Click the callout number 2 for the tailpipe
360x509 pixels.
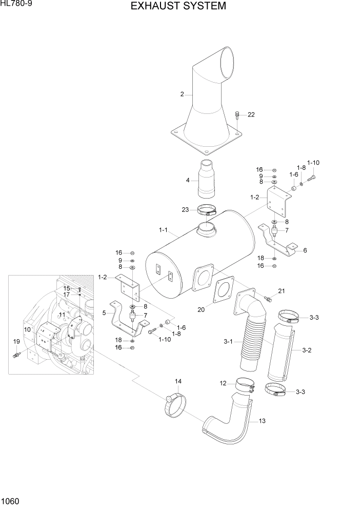[x=182, y=94]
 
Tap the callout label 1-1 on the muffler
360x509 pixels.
[x=164, y=229]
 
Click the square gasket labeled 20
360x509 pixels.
[x=224, y=292]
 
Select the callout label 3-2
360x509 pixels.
[x=307, y=350]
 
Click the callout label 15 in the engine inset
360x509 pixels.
[x=66, y=288]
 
